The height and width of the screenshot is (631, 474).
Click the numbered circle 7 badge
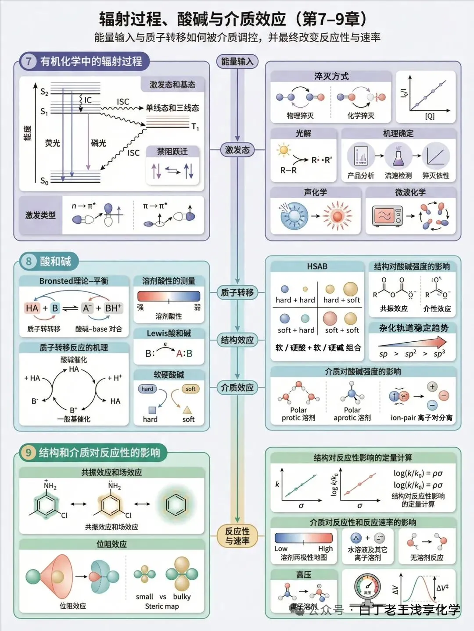click(x=29, y=61)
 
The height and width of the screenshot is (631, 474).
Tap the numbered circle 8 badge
click(x=29, y=262)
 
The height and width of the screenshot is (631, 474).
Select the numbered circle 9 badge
click(x=29, y=452)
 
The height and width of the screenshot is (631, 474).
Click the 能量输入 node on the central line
click(x=237, y=62)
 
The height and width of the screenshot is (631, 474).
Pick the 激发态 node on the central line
click(x=237, y=150)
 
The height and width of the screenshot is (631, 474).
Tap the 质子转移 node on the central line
click(x=237, y=292)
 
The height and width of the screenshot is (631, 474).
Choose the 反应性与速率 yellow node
click(x=237, y=536)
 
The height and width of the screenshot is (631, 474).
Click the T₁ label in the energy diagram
click(x=195, y=127)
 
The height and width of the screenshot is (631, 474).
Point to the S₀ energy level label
click(x=44, y=181)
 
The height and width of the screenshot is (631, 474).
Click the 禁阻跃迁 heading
click(x=172, y=152)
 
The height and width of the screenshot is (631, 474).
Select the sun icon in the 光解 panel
click(x=284, y=150)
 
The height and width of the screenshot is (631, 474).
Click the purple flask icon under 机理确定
click(x=398, y=156)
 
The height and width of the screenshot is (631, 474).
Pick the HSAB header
click(x=317, y=266)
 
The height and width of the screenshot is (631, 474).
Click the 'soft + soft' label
click(x=342, y=330)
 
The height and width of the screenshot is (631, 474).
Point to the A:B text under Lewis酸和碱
click(x=184, y=353)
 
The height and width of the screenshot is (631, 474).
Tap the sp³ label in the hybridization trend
click(x=439, y=354)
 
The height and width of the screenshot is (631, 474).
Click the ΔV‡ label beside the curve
click(x=442, y=588)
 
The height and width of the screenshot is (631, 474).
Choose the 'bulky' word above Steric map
click(x=182, y=596)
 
